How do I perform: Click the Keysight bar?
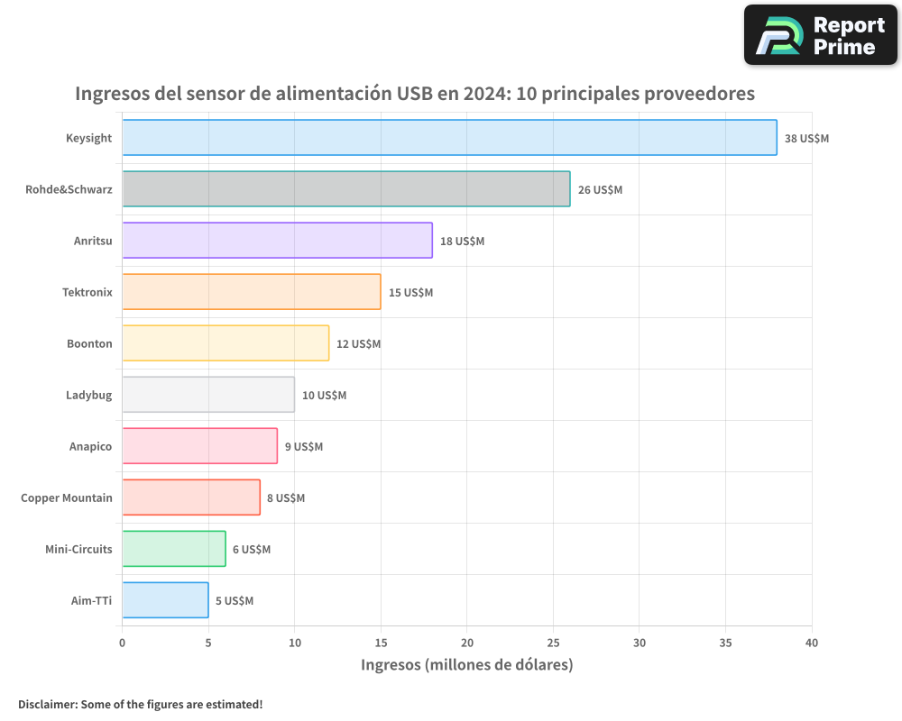tap(449, 138)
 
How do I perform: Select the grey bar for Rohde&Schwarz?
tap(346, 189)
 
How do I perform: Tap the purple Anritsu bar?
tap(277, 241)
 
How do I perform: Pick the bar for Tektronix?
tap(252, 292)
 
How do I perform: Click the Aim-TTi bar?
tap(165, 600)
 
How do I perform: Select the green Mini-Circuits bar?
tap(174, 549)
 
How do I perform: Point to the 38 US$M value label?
tap(806, 139)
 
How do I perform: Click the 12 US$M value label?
tap(358, 344)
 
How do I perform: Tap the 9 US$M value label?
tap(303, 447)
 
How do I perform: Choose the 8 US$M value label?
tap(286, 498)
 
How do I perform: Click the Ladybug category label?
tap(88, 395)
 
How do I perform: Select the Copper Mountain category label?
tap(67, 497)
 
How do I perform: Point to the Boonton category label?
tap(89, 343)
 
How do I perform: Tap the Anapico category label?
tap(90, 446)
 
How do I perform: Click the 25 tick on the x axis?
tap(553, 643)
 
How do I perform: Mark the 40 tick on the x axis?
tap(812, 643)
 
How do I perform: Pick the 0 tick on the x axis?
tap(123, 643)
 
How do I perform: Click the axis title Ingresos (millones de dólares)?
tap(466, 665)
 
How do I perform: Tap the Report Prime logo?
tap(820, 35)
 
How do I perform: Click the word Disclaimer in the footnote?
tap(46, 704)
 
